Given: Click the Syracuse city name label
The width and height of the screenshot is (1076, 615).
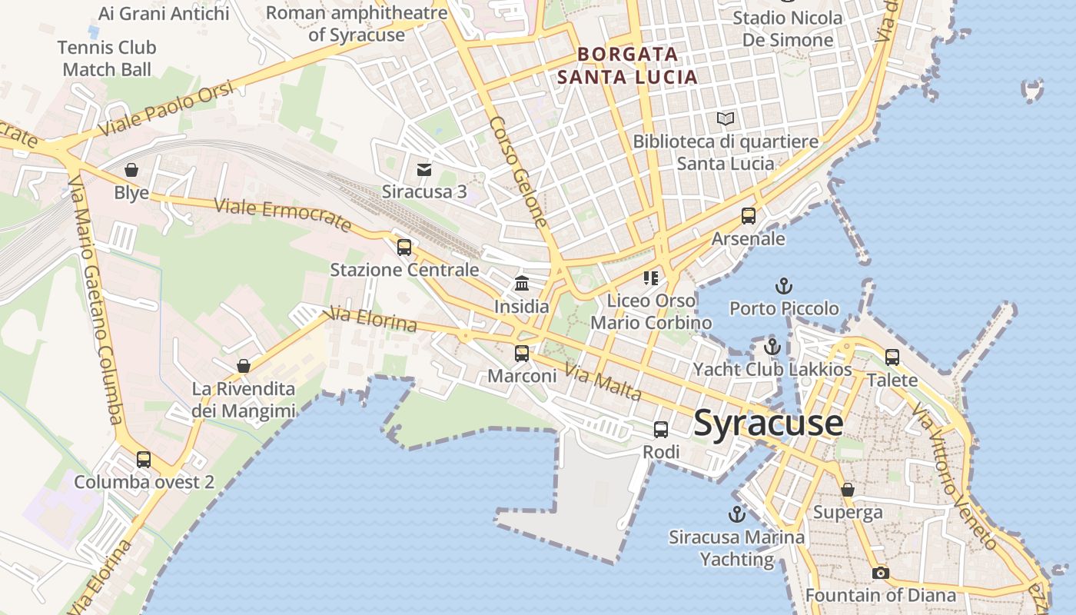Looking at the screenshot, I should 768,424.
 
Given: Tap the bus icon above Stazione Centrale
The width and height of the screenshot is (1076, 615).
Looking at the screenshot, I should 404,248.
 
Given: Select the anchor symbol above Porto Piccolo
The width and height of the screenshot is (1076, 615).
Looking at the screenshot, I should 783,286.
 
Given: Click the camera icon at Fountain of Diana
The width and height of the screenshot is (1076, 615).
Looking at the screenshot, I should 881,573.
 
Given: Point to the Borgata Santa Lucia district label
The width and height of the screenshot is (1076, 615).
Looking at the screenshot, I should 627,65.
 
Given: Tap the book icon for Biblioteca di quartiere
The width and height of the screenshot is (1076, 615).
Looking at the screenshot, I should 726,118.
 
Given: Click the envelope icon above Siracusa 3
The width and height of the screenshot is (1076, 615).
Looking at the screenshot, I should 424,170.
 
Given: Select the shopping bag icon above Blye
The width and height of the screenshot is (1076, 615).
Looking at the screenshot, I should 131,169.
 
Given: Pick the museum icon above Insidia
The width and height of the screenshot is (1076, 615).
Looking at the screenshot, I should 522,283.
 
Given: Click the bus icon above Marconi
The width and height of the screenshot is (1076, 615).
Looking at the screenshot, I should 522,354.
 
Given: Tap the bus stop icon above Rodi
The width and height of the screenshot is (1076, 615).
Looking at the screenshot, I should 661,430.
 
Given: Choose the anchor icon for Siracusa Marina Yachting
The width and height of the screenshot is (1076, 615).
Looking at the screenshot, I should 737,514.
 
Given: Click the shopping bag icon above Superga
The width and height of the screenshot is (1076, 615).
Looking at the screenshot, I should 848,489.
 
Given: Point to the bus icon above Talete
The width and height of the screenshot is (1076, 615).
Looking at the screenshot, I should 892,357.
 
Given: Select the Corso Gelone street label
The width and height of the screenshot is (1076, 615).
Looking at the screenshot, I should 518,171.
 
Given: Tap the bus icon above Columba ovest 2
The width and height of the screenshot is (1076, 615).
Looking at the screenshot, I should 144,460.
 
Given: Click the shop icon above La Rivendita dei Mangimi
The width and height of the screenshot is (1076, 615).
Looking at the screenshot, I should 244,365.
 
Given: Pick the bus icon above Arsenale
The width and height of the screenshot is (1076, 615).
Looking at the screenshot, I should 749,215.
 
